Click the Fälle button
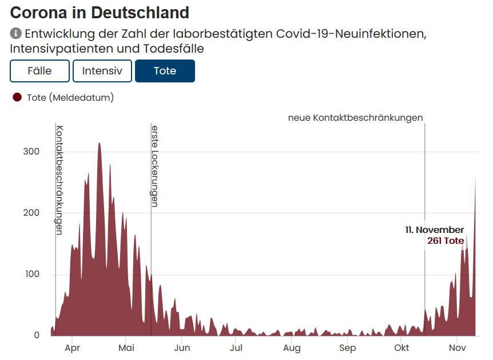39,71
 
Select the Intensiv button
102,71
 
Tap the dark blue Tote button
165,71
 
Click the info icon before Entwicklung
16,34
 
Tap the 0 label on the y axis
37,336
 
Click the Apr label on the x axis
72,348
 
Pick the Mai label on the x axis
126,348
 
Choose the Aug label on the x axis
292,348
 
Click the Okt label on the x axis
402,348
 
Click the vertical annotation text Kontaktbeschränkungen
59,180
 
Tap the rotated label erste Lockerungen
154,165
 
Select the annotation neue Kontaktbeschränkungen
355,118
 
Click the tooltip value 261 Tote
446,241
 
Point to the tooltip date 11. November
435,230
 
